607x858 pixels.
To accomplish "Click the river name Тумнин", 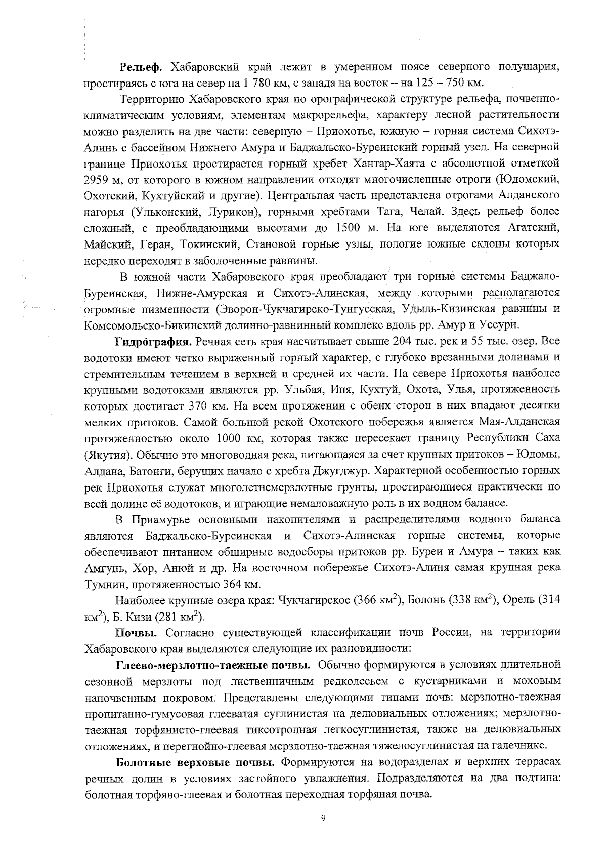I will coord(101,584).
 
